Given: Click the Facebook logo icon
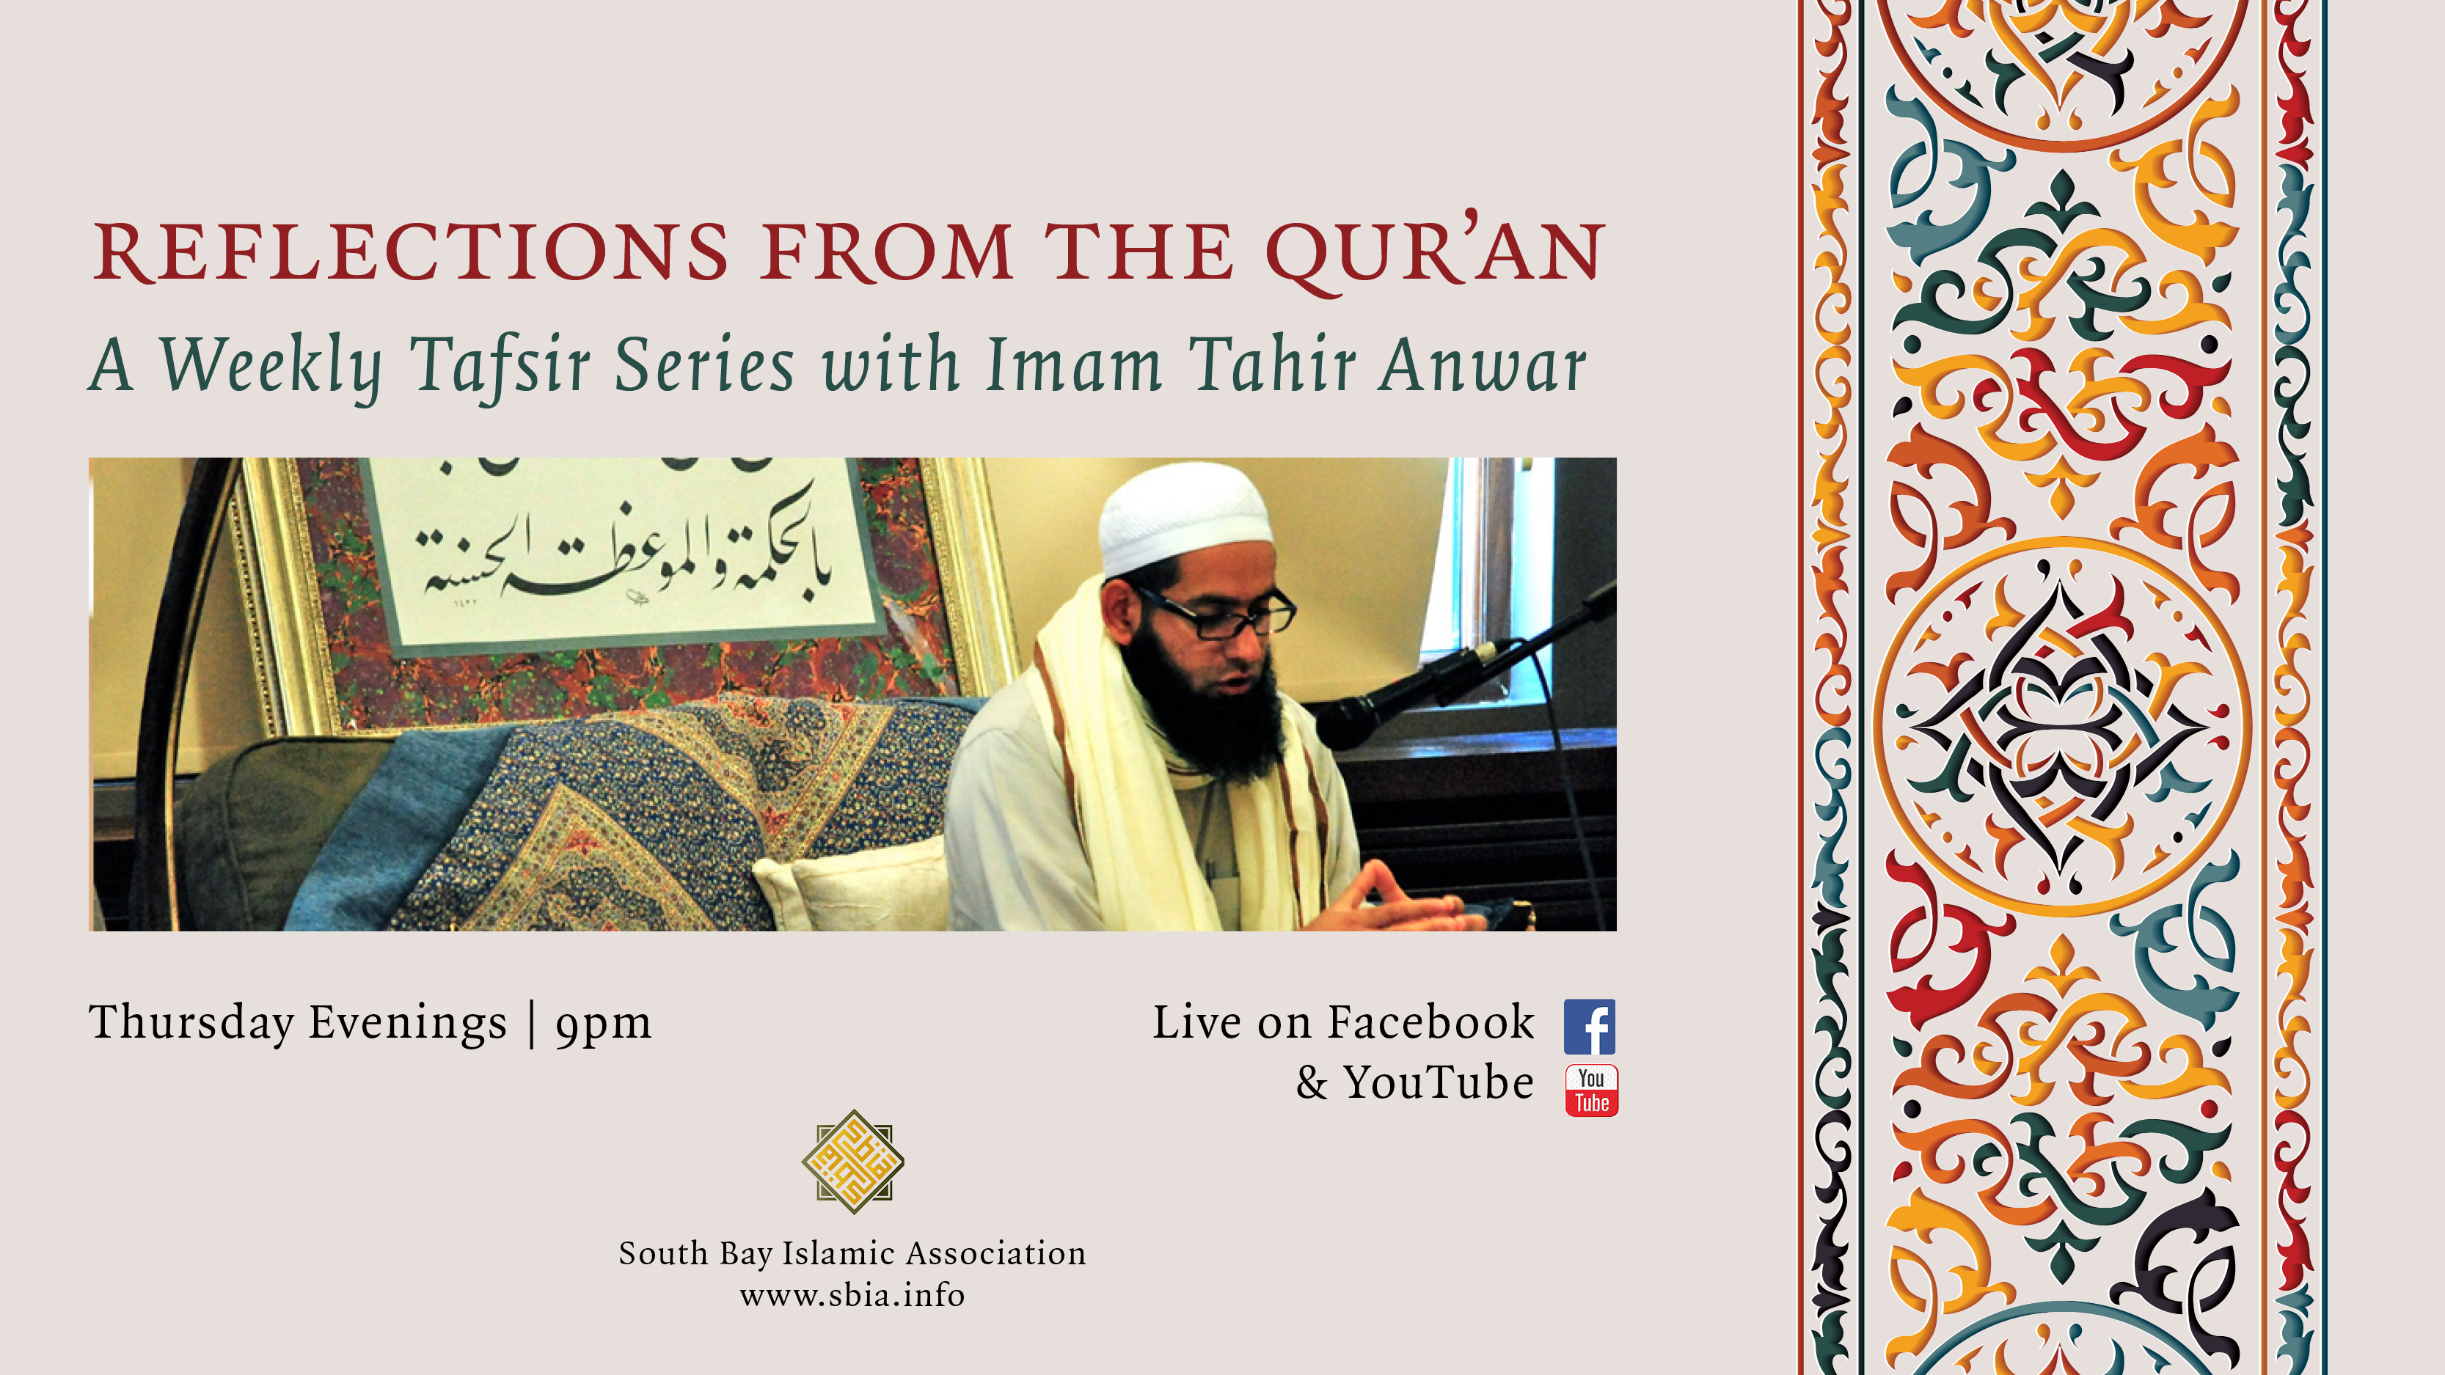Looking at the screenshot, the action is (1590, 1027).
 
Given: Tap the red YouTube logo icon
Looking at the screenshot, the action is (1592, 1090).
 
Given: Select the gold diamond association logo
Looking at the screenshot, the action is (852, 1162).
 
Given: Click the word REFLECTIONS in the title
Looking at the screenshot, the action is (411, 252).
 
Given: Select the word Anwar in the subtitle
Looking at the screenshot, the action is (1483, 365).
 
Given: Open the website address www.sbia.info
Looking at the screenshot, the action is (852, 1295).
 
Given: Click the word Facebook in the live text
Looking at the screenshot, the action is (1430, 1023).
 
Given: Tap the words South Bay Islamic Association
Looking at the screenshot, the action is (852, 1253).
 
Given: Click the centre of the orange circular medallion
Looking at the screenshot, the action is (2061, 727).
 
